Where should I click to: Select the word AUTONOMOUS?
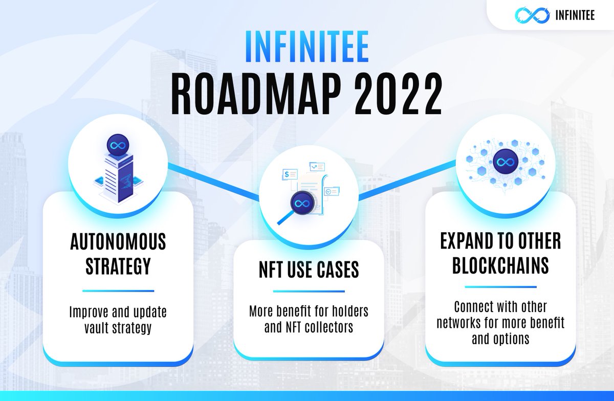(x=118, y=242)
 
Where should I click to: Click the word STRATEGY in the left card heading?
(x=118, y=265)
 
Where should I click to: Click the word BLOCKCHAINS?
(x=501, y=265)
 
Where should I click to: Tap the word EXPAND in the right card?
(x=466, y=242)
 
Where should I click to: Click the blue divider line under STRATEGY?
(x=118, y=291)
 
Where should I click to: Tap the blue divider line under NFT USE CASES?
(x=308, y=292)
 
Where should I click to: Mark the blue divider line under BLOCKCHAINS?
(x=501, y=287)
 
